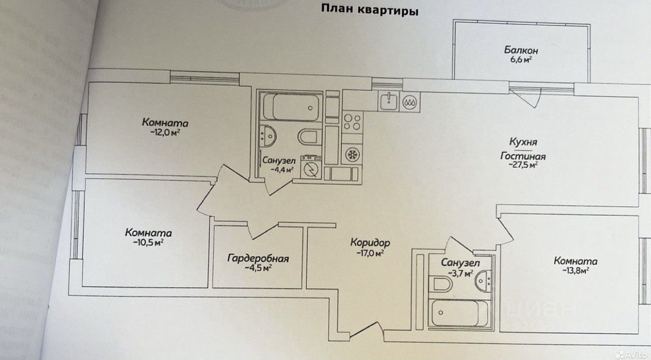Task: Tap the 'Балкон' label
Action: point(521,50)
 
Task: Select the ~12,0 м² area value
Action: point(166,133)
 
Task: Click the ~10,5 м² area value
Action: point(148,242)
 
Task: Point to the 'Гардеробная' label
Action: point(258,258)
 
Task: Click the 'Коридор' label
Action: point(370,243)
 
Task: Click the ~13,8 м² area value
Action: point(576,271)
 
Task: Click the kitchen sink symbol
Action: point(388,101)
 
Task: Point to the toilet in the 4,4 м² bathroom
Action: point(308,137)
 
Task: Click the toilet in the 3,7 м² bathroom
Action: point(439,285)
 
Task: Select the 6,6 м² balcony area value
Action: point(521,60)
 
